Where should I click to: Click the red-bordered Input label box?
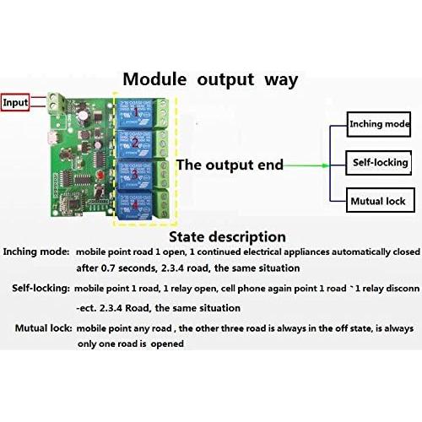[x=14, y=102]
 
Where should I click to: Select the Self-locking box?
[x=380, y=162]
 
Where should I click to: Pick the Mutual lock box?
[x=377, y=202]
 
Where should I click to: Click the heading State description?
[x=227, y=237]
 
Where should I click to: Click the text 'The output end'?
[x=230, y=165]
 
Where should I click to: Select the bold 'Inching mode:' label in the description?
[x=35, y=252]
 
